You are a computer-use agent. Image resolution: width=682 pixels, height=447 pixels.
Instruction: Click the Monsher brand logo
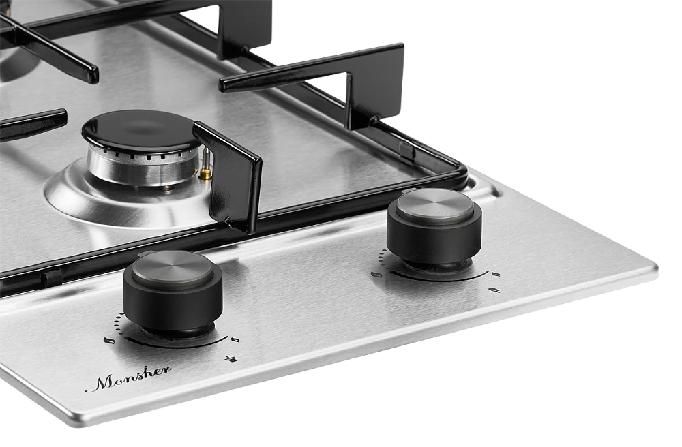tap(128, 380)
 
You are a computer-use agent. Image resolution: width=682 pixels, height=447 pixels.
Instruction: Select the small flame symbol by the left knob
tap(235, 339)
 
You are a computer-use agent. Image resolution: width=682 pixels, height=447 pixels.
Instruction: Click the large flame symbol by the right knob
tap(376, 275)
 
